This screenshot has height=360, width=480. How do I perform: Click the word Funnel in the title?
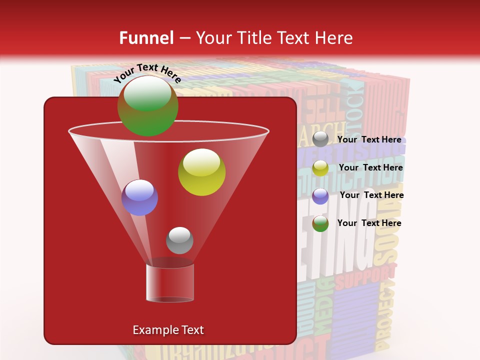(146, 38)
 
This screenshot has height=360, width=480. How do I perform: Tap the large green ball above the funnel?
(147, 105)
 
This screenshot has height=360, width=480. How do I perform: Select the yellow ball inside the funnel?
(201, 172)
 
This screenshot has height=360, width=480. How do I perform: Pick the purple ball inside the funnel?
(139, 197)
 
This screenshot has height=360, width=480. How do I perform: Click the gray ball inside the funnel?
(179, 240)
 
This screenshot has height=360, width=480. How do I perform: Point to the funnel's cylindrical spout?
(169, 283)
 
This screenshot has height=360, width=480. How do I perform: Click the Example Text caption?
(168, 330)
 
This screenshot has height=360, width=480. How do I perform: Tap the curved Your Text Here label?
(147, 73)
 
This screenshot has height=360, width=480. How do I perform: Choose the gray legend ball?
(320, 139)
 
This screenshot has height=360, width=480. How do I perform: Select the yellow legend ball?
(320, 168)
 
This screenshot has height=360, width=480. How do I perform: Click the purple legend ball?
(320, 195)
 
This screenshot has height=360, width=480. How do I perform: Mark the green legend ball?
(320, 223)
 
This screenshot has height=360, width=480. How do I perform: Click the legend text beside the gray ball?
(369, 139)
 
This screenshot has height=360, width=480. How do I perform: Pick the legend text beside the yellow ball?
(370, 167)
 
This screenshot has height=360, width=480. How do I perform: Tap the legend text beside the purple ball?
(371, 195)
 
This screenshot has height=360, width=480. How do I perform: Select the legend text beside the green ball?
(369, 223)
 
